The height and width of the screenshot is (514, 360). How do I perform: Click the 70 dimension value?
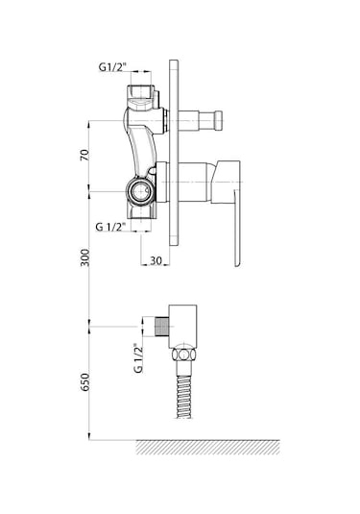click(84, 155)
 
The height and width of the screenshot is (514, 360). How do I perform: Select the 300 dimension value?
click(84, 257)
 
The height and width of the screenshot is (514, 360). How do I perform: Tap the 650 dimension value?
click(84, 381)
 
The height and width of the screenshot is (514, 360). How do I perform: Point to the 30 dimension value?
click(156, 261)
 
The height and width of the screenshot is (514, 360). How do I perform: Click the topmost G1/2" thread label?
click(112, 67)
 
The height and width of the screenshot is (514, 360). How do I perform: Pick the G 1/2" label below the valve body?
click(110, 227)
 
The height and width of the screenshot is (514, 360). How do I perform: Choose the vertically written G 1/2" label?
click(138, 358)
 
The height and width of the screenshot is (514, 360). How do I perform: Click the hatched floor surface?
click(207, 447)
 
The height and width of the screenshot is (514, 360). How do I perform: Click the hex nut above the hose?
click(184, 355)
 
